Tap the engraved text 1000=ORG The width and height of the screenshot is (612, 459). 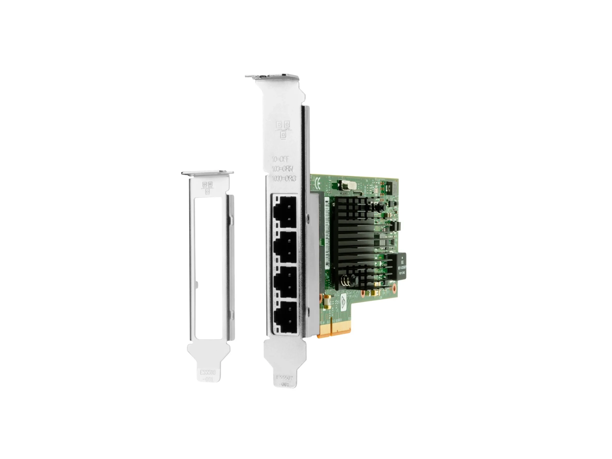click(x=283, y=179)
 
